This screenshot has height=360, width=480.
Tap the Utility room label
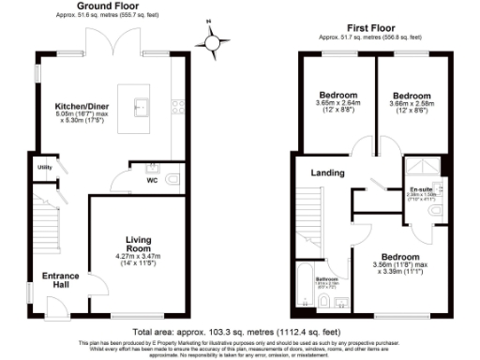[x=43, y=167]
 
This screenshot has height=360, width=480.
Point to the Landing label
[x=327, y=172]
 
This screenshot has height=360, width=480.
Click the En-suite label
[x=423, y=188]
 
